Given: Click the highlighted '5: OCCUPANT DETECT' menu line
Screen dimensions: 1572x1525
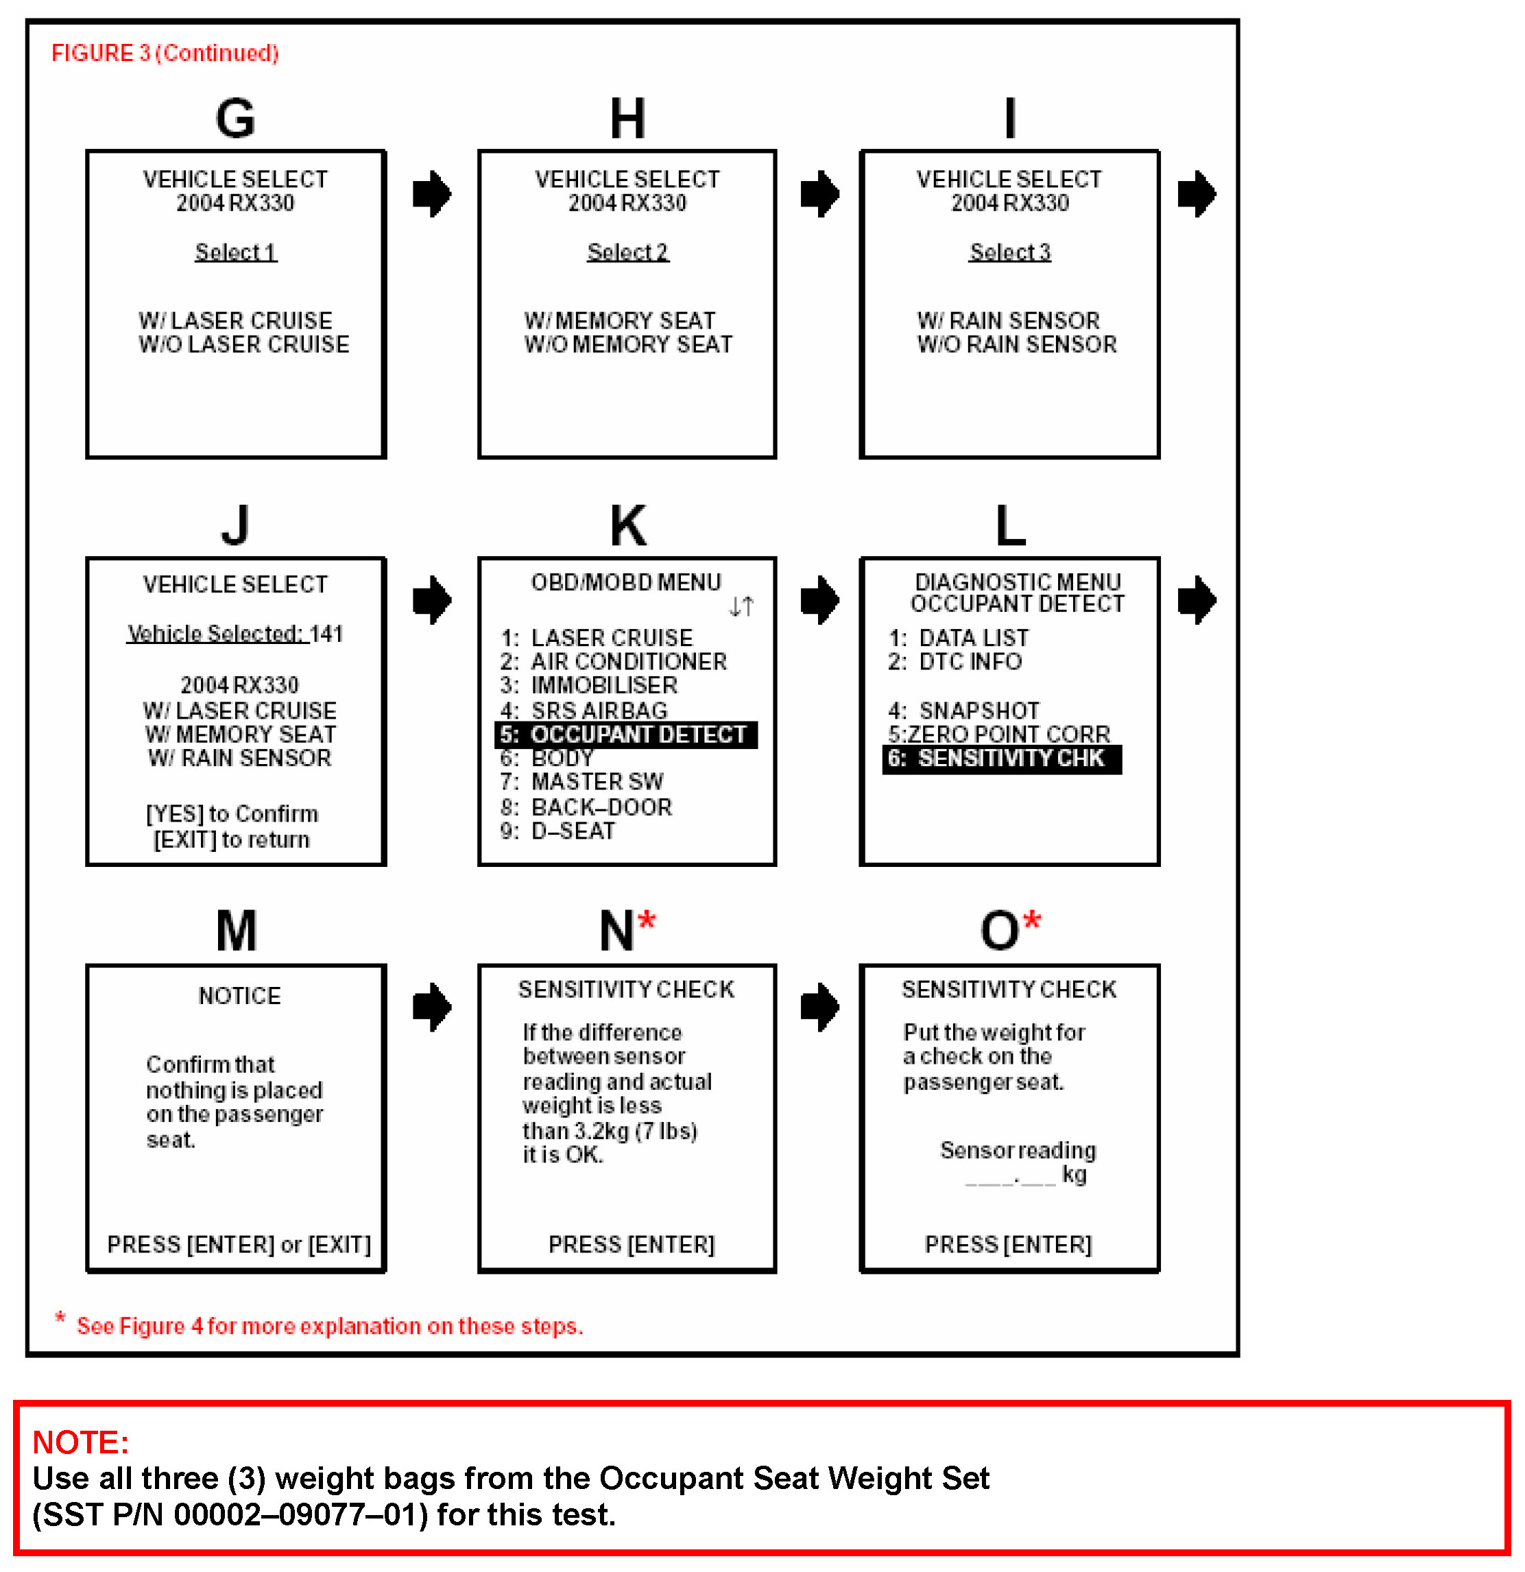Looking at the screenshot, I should [626, 735].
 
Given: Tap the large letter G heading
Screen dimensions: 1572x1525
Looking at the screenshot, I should [235, 119].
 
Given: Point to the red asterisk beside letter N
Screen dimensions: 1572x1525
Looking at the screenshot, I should [647, 920].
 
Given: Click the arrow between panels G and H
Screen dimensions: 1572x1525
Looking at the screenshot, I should [432, 194].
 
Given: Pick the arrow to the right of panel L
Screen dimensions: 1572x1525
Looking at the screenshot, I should [1197, 600].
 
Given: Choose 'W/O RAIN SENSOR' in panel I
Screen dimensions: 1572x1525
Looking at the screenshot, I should [1017, 345].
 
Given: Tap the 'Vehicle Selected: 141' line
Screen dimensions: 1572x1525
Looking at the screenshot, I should [235, 634].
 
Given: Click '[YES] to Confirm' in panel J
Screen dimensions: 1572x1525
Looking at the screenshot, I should [232, 814].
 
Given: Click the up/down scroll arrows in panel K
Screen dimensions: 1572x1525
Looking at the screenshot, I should [741, 607].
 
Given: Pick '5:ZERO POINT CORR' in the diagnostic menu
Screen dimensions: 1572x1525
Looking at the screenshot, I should [999, 735].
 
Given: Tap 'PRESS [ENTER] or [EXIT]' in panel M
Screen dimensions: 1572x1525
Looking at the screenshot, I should [239, 1245].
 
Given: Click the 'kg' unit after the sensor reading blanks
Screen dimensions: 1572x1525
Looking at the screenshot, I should [1074, 1175].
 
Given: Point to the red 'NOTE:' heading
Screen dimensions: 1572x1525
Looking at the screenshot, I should [80, 1442].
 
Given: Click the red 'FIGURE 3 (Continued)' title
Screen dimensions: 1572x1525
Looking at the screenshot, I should [165, 53].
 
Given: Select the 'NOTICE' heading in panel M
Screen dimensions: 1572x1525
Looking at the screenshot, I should [240, 996].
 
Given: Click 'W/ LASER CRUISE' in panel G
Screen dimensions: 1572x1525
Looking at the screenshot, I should [235, 321].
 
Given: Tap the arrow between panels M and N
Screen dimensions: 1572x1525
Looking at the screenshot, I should [432, 1008].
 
